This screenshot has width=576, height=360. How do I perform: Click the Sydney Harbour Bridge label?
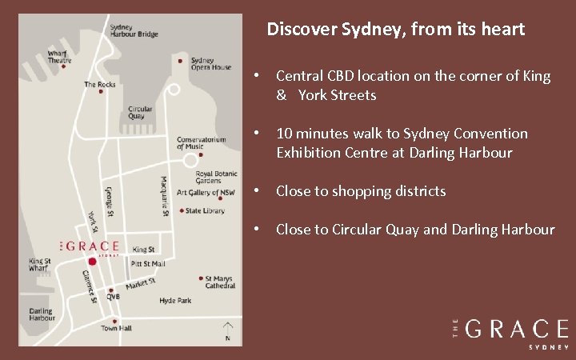click(134, 30)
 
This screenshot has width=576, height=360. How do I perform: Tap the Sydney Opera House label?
click(211, 64)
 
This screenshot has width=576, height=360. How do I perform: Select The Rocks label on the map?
click(100, 84)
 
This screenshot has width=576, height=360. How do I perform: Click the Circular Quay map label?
click(140, 113)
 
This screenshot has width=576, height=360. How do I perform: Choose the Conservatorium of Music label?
click(202, 142)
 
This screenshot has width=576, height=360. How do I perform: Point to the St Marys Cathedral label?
click(220, 282)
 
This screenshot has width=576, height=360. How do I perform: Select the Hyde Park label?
click(175, 301)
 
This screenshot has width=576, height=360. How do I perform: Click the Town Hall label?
click(116, 329)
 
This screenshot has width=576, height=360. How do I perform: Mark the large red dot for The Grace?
click(92, 262)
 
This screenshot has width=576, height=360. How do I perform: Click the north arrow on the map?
click(227, 329)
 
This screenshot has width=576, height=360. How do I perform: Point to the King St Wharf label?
click(40, 265)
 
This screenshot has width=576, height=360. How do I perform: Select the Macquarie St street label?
click(163, 196)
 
